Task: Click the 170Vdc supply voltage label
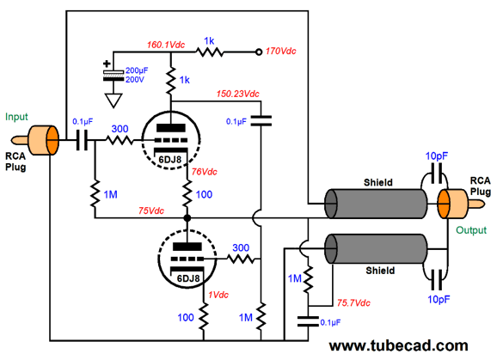pyautogui.click(x=280, y=51)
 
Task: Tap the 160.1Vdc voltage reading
pyautogui.click(x=166, y=45)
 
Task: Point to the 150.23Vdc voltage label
pyautogui.click(x=237, y=94)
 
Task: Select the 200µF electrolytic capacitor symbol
pyautogui.click(x=114, y=76)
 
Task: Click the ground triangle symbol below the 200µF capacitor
pyautogui.click(x=114, y=101)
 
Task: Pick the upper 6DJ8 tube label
pyautogui.click(x=170, y=159)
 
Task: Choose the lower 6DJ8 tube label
pyautogui.click(x=188, y=278)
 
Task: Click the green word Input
pyautogui.click(x=16, y=117)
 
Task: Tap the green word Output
pyautogui.click(x=471, y=230)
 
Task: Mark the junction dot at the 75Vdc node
pyautogui.click(x=187, y=218)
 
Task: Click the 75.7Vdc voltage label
pyautogui.click(x=353, y=303)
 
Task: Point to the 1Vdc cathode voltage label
pyautogui.click(x=218, y=295)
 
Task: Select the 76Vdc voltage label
pyautogui.click(x=205, y=172)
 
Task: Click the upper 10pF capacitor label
pyautogui.click(x=437, y=156)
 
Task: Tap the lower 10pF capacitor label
pyautogui.click(x=439, y=299)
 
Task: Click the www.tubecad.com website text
pyautogui.click(x=398, y=345)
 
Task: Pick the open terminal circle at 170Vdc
pyautogui.click(x=259, y=52)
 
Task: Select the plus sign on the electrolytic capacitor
pyautogui.click(x=107, y=64)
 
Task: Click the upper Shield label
pyautogui.click(x=378, y=182)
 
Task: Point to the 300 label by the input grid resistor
pyautogui.click(x=120, y=129)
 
